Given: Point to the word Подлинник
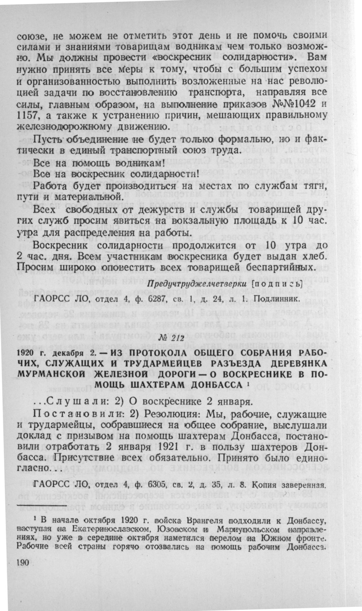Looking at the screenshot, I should pos(275,299).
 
